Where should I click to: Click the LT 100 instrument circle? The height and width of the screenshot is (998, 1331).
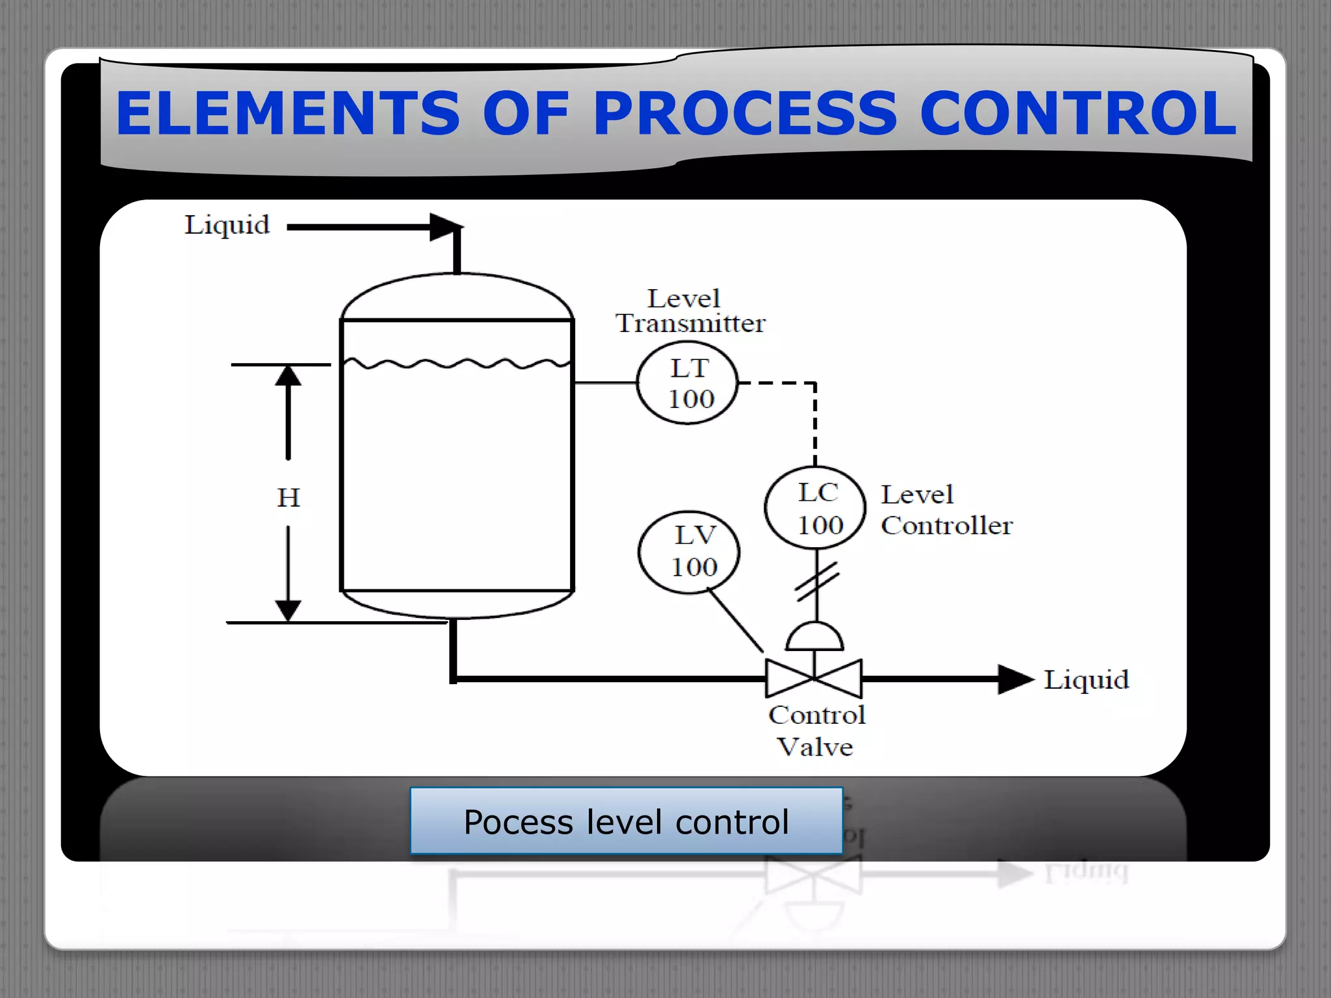pyautogui.click(x=688, y=383)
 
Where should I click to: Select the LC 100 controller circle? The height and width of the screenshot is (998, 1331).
pyautogui.click(x=816, y=508)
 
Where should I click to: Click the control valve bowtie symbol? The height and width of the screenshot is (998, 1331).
pyautogui.click(x=814, y=678)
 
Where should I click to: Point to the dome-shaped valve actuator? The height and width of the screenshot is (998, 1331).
pyautogui.click(x=814, y=638)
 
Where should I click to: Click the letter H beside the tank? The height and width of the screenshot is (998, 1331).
pyautogui.click(x=289, y=498)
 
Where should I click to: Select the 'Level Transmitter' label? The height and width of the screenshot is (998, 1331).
pyautogui.click(x=690, y=311)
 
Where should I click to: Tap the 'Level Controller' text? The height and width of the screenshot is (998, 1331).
pyautogui.click(x=946, y=510)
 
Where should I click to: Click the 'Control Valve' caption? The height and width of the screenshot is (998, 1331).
pyautogui.click(x=816, y=731)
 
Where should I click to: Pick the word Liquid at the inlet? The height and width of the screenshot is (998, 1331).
pyautogui.click(x=227, y=225)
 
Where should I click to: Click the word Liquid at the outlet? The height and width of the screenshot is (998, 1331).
pyautogui.click(x=1086, y=680)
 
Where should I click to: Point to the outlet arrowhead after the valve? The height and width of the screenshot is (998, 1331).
pyautogui.click(x=1014, y=680)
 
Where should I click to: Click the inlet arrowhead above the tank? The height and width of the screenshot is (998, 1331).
pyautogui.click(x=445, y=227)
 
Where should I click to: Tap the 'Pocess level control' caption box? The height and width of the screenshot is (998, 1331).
pyautogui.click(x=626, y=821)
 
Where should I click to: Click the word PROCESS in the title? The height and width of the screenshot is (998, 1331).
pyautogui.click(x=745, y=114)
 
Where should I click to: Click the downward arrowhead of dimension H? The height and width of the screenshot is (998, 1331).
pyautogui.click(x=288, y=609)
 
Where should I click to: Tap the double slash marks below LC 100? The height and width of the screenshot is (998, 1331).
pyautogui.click(x=817, y=581)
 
